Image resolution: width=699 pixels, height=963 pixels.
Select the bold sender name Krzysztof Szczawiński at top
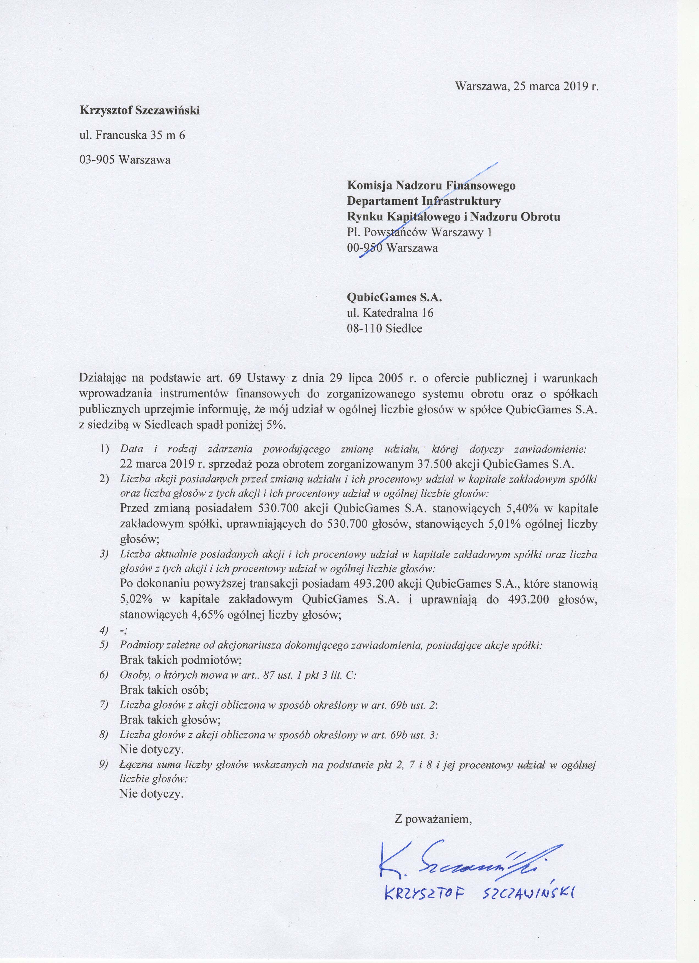coord(140,111)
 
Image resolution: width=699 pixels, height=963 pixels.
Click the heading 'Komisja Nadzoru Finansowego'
coord(431,186)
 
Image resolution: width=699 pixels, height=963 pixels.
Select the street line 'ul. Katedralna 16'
coord(390,313)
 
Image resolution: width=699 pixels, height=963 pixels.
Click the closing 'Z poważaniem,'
coord(433,820)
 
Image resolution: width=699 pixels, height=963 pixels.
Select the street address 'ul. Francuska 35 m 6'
coord(132,135)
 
